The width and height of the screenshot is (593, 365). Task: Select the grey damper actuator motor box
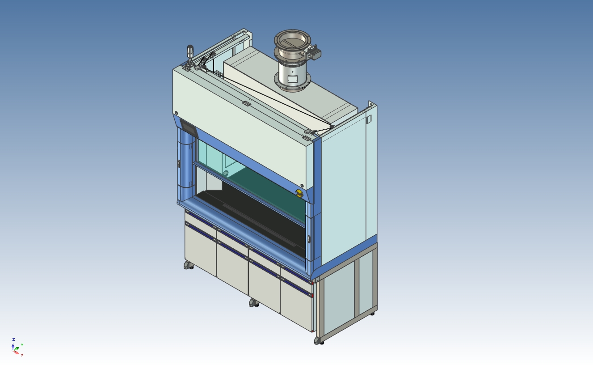pyautogui.click(x=315, y=53)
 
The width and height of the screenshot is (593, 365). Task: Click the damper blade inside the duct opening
pyautogui.click(x=292, y=42)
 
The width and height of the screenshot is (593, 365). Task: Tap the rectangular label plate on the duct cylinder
pyautogui.click(x=293, y=79)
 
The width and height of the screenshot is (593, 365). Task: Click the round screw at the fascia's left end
pyautogui.click(x=177, y=113)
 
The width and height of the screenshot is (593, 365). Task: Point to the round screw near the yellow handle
pyautogui.click(x=302, y=186)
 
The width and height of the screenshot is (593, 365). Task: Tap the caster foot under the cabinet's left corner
pyautogui.click(x=189, y=266)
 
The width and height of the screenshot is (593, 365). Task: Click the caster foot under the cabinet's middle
pyautogui.click(x=254, y=303)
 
